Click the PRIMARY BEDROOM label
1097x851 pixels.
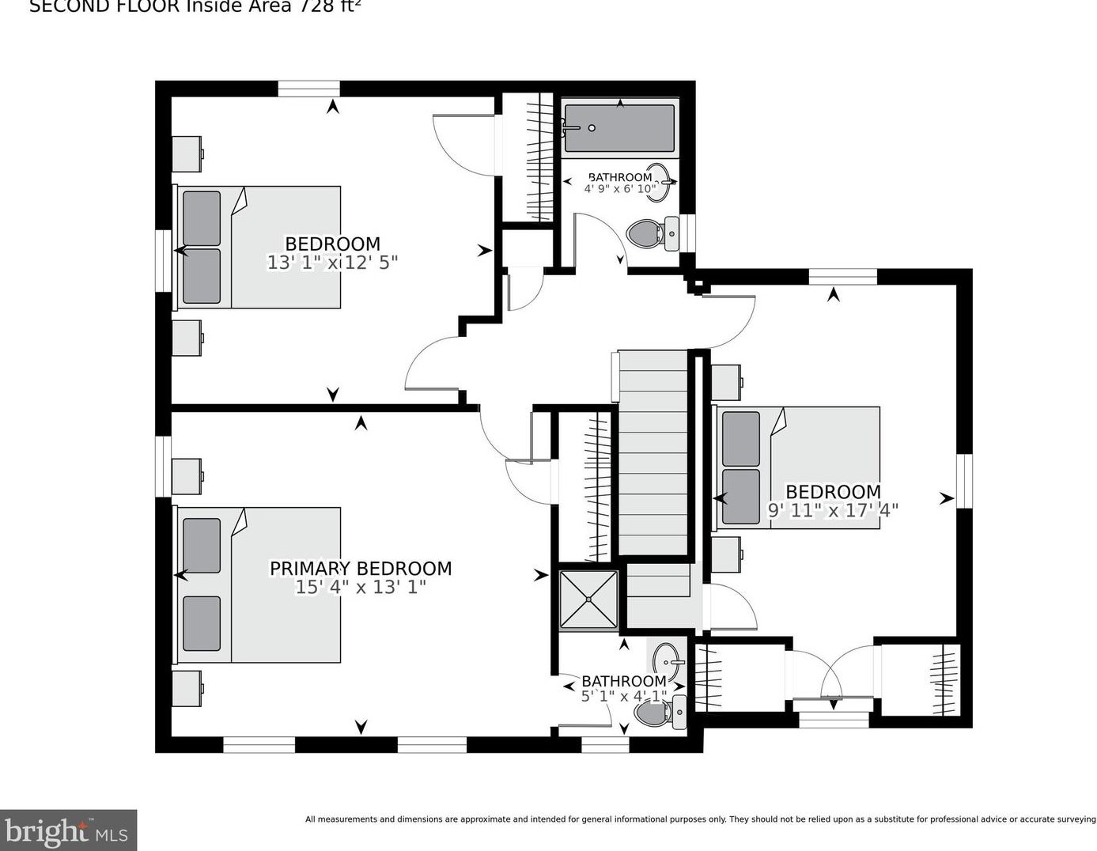361,568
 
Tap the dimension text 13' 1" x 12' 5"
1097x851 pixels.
332,263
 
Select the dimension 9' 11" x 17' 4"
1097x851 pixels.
833,510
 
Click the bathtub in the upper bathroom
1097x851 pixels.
619,128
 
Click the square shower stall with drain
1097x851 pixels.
588,599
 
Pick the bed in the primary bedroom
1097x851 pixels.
259,584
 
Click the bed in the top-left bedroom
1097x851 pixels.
259,247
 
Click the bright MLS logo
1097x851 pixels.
68,830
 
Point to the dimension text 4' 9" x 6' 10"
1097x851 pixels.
620,189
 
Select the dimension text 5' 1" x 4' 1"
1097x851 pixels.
624,696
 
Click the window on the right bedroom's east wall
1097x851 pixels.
963,480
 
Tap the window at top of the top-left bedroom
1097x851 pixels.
308,89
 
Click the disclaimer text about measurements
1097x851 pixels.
700,819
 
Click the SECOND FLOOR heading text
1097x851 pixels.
195,7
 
